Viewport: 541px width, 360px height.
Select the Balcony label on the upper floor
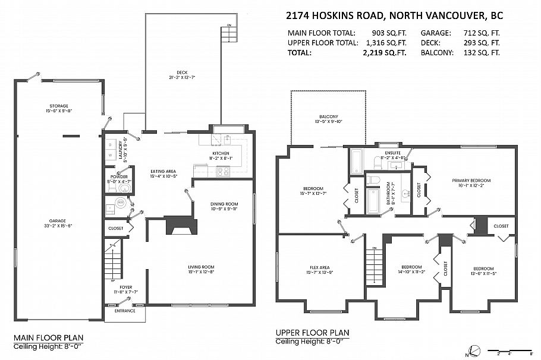[328, 116]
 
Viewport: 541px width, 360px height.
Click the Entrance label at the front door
[125, 311]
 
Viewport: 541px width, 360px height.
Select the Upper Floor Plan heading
[312, 333]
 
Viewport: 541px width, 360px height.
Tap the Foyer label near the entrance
[125, 287]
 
